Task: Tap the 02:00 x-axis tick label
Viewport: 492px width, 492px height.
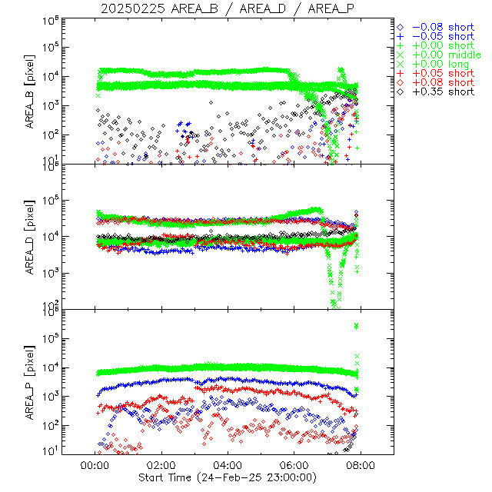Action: (161, 466)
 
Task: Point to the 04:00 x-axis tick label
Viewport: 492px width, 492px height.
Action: (228, 466)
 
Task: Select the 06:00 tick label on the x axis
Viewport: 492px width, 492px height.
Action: (294, 466)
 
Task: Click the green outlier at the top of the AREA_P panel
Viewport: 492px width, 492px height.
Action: (357, 326)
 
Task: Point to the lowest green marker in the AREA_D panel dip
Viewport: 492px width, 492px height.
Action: (334, 304)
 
